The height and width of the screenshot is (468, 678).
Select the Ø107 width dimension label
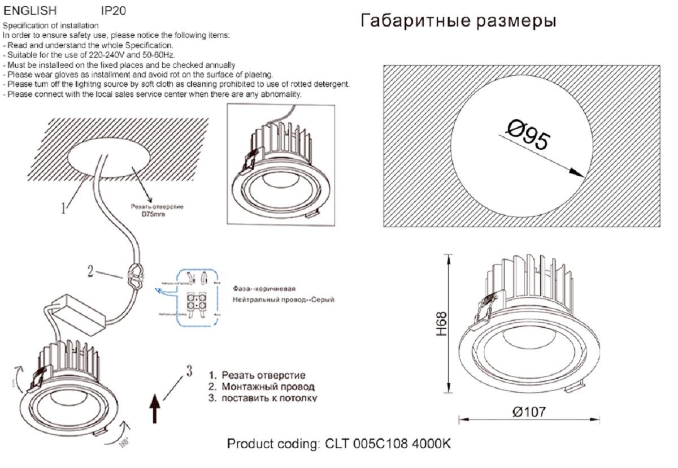(x=529, y=412)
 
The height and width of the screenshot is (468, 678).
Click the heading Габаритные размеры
(x=458, y=21)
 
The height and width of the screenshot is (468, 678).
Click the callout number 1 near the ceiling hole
(x=64, y=210)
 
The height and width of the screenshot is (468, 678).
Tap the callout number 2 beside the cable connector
(x=90, y=271)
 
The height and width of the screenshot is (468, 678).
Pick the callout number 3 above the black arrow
(x=189, y=371)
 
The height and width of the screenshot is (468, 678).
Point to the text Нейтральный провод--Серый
(x=283, y=300)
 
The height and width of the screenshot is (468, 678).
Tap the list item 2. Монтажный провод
(x=261, y=387)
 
